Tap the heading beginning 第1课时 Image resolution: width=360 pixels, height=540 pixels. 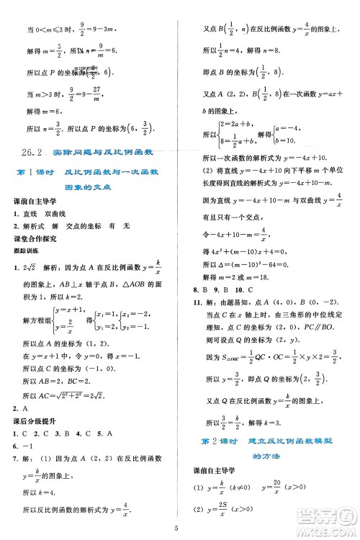(89, 191)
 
